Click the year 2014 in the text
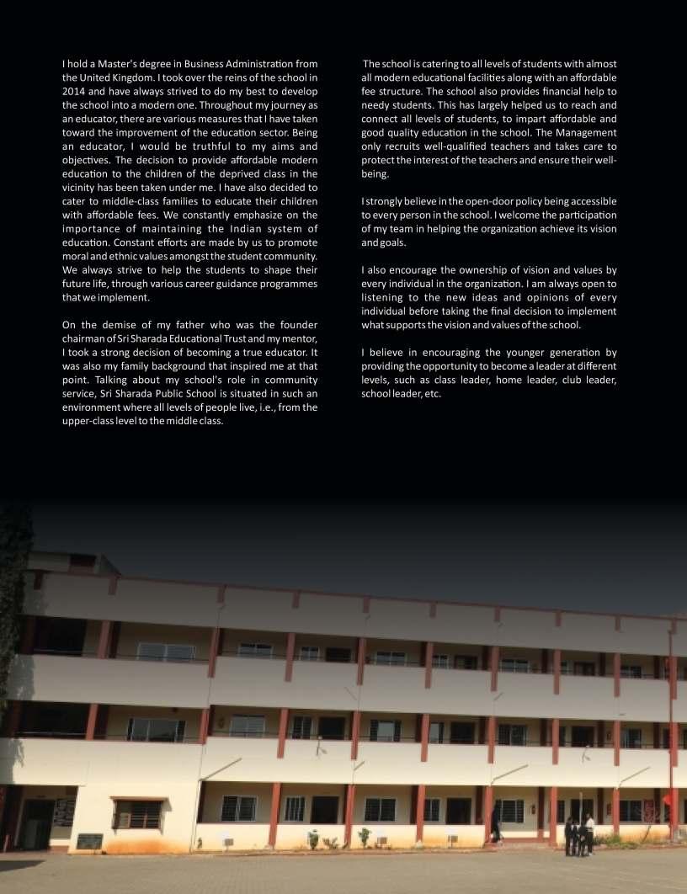[x=74, y=91]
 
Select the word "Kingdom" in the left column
[x=130, y=77]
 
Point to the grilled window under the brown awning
[x=137, y=814]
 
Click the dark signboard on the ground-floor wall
[x=89, y=841]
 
